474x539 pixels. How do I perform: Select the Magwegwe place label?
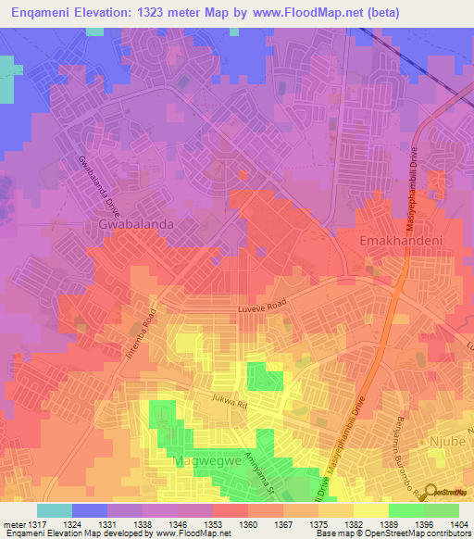(206, 460)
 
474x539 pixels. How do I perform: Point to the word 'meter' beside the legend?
(13, 524)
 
